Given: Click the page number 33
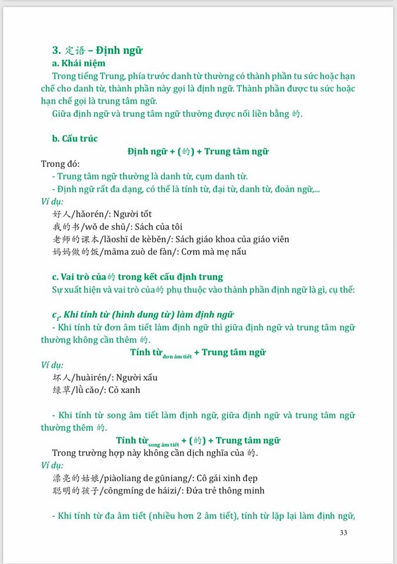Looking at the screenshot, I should coord(344,533).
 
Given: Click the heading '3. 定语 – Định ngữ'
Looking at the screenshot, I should coord(98,51).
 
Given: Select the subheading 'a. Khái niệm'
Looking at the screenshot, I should coord(79,63).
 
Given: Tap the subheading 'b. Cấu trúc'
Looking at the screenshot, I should coord(75,139).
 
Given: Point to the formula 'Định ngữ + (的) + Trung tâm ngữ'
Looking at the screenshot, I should coord(198,152).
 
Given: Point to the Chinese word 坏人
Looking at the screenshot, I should coord(61,377).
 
